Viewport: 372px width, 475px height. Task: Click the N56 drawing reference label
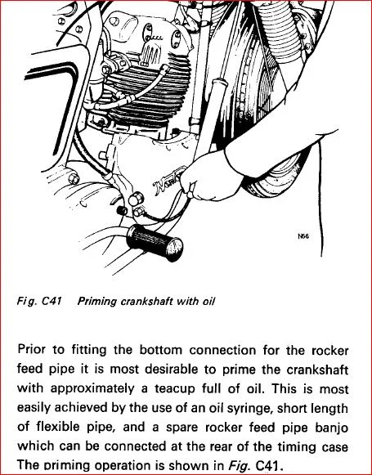[x=303, y=236]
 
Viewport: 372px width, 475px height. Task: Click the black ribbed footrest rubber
[x=155, y=242]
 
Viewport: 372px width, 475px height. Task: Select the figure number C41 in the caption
[x=52, y=301]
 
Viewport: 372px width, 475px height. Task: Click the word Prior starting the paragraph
[x=32, y=350]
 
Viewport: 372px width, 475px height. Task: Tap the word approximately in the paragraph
[x=92, y=389]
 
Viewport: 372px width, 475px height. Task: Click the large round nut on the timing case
[x=136, y=199]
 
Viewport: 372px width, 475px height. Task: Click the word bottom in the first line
[x=160, y=350]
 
